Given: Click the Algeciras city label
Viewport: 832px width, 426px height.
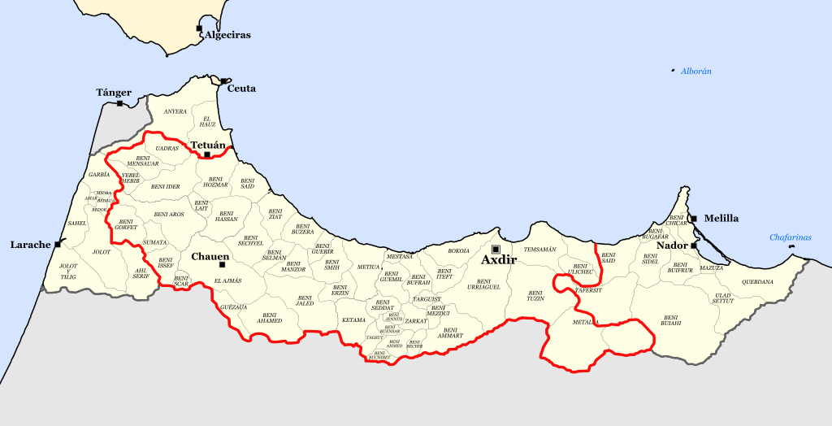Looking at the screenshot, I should pos(227,35).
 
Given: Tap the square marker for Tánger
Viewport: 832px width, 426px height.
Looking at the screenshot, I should pos(120,103).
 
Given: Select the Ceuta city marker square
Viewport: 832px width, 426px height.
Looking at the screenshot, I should pos(223,81).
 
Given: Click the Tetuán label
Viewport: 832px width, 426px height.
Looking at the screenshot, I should pos(207,146).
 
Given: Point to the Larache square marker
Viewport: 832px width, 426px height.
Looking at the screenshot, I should pos(58,244).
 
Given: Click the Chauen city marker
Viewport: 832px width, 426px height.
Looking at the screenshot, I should pos(222,264).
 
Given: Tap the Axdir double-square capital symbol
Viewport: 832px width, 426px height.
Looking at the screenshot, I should pos(496,249).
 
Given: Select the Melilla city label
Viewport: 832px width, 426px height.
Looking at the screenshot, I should pos(721,218).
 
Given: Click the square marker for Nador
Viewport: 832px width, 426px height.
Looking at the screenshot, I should pos(693,245).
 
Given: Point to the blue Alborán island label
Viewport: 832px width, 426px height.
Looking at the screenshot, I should pos(696,72).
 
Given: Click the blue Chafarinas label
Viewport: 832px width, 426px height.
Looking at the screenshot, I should pos(791,237).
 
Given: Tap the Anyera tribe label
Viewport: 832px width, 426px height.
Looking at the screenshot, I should pos(175,111).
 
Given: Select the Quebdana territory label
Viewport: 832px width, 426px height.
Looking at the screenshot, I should pos(757,282).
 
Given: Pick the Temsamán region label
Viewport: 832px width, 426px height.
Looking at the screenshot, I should pos(540,249).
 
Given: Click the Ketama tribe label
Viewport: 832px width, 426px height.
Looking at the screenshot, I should pos(353,320).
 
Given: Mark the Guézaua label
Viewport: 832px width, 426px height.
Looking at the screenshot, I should pos(233,307).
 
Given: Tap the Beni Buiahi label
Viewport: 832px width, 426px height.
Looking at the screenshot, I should pos(670,320).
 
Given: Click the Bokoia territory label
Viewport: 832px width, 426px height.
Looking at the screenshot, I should pos(459,250).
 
